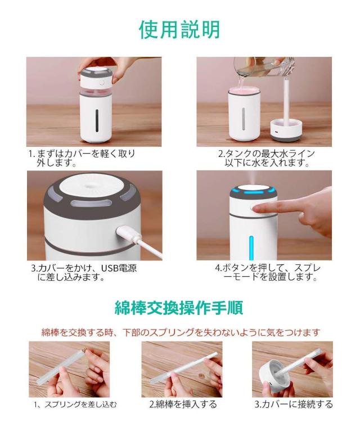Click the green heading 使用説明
[x=179, y=29]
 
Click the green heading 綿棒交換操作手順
[x=179, y=308]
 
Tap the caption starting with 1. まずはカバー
[x=82, y=158]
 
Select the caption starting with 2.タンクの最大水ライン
[x=267, y=158]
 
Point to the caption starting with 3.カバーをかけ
[x=84, y=272]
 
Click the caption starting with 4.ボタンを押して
[x=268, y=272]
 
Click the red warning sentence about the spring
[x=181, y=332]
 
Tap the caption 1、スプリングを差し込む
[x=75, y=404]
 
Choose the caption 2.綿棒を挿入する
[x=183, y=404]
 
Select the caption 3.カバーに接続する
[x=294, y=404]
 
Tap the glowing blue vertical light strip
[x=251, y=247]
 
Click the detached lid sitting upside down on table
[x=286, y=130]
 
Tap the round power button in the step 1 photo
[x=102, y=83]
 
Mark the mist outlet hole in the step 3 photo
[x=89, y=186]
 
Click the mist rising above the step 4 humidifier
[x=253, y=178]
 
